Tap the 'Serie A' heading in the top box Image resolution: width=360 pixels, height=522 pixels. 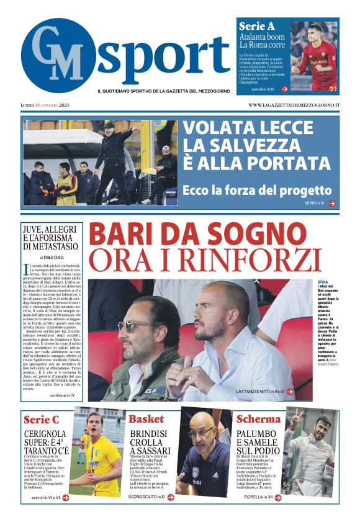point(257,26)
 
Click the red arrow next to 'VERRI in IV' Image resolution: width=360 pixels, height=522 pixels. point(332,203)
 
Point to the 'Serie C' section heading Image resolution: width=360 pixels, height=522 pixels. point(41,420)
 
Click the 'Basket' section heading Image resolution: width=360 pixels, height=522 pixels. point(146,419)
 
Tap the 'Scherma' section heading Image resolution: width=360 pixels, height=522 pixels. point(258,419)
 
